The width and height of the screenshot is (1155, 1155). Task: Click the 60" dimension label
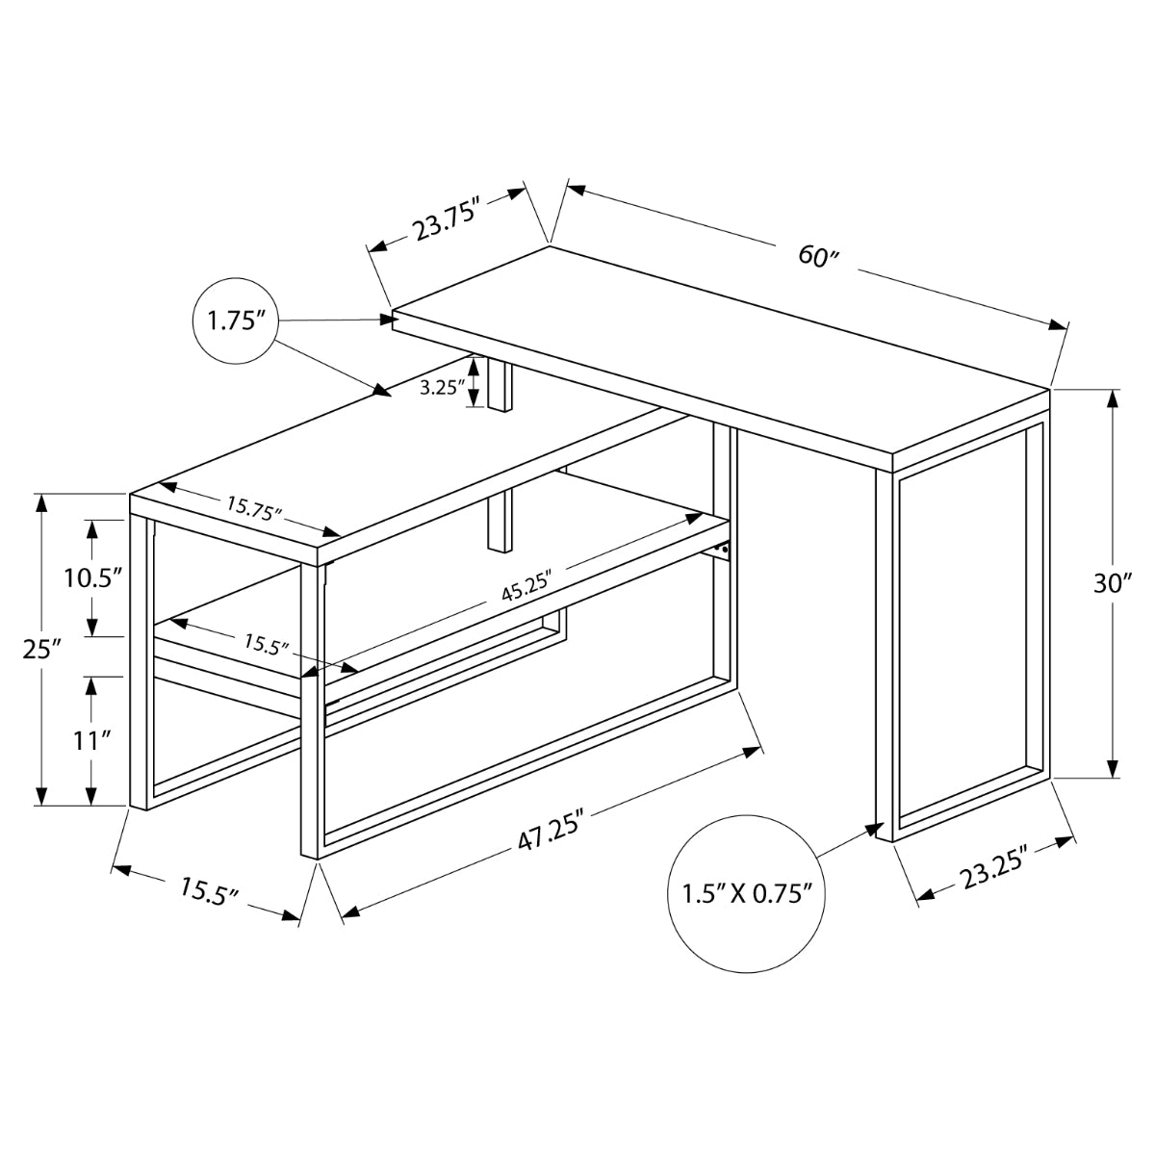[x=819, y=257]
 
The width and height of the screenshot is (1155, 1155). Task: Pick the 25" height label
[x=41, y=649]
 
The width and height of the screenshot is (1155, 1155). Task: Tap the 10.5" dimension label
[x=92, y=578]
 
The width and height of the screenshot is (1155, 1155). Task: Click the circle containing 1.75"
[x=236, y=321]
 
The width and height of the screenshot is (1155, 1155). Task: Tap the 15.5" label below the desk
[x=208, y=892]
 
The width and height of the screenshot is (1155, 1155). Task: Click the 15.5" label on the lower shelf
[x=266, y=644]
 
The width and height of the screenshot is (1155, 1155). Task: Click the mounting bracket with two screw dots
[x=722, y=550]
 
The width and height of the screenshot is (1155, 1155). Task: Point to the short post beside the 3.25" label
[x=500, y=385]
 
